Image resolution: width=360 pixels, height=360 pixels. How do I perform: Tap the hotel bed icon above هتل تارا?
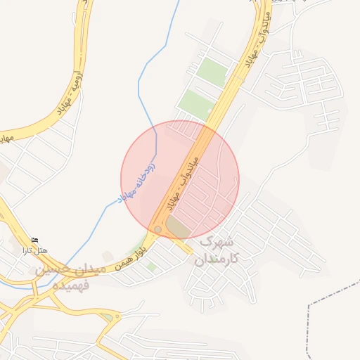[36, 241]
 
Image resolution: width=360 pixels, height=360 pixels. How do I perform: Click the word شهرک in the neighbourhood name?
[216, 243]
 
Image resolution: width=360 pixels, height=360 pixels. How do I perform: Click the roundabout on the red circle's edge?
[158, 230]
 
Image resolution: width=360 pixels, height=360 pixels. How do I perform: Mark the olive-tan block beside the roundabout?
[177, 228]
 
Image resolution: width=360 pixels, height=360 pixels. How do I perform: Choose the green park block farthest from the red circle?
[212, 71]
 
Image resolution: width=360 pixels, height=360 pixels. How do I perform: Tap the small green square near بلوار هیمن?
[151, 266]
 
